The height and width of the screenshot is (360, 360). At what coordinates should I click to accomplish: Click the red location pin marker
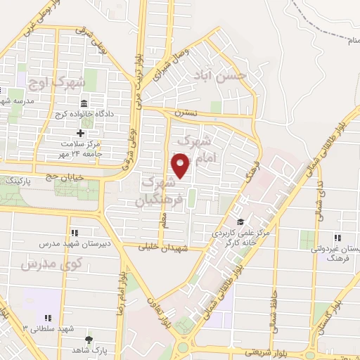point(181,166)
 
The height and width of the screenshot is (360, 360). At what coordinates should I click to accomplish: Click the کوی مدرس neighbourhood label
point(51,265)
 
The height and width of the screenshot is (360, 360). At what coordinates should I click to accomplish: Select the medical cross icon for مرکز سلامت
point(80,133)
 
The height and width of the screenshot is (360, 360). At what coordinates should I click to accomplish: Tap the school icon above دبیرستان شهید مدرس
point(74,233)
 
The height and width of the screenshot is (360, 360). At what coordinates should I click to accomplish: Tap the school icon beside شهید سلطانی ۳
point(48,318)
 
